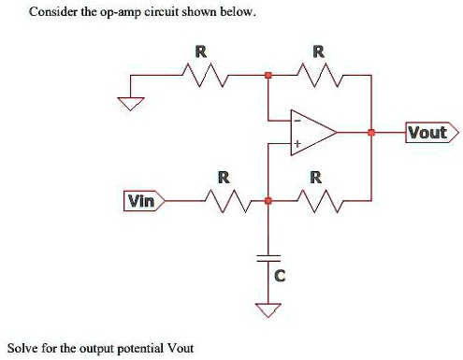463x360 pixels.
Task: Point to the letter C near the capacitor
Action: point(279,276)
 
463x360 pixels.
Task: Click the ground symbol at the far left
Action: point(131,104)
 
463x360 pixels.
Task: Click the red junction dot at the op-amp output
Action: point(371,134)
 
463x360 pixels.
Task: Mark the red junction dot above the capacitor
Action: point(268,200)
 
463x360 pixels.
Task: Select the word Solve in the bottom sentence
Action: point(23,348)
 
